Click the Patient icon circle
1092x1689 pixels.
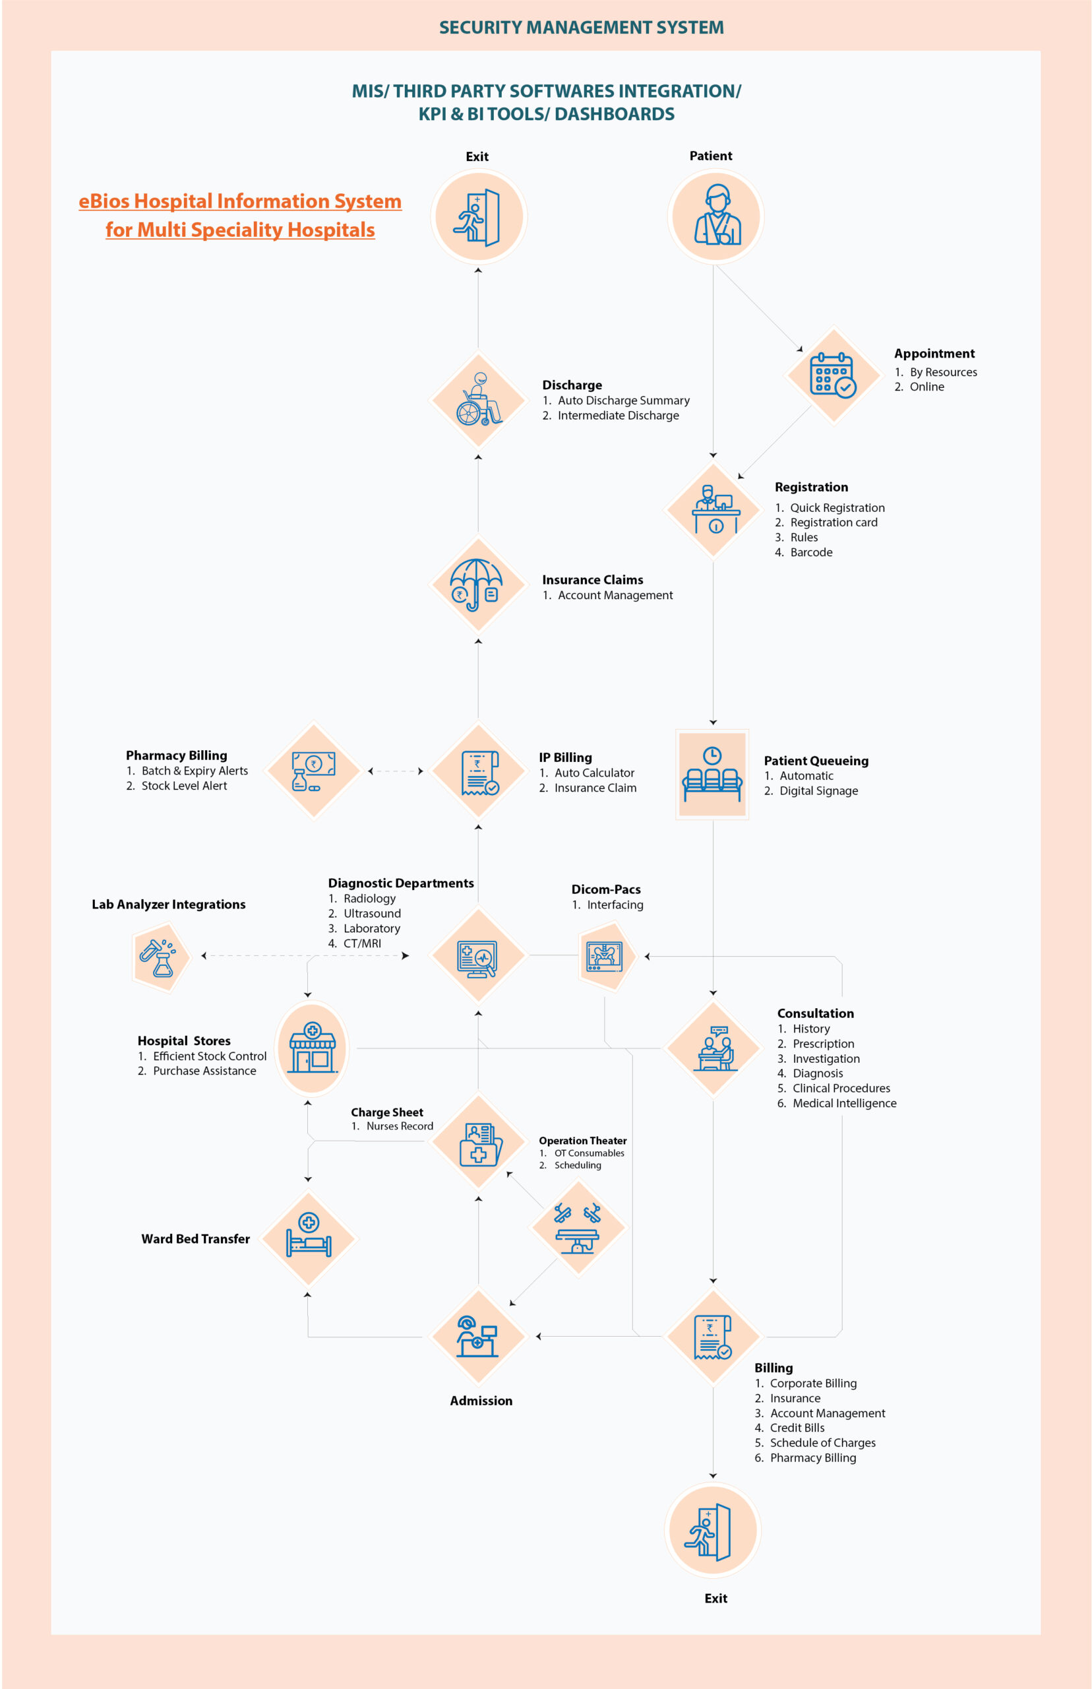715,217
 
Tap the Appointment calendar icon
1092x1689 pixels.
834,375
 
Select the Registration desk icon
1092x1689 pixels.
715,509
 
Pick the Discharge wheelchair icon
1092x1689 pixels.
479,399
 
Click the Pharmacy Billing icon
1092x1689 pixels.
313,771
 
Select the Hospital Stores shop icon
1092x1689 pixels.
312,1048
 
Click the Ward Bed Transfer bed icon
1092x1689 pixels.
309,1238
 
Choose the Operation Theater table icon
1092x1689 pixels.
578,1228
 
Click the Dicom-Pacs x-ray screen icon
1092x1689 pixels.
605,957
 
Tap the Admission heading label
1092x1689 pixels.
481,1400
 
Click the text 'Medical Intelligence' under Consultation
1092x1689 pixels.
845,1103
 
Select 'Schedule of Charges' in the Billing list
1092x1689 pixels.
822,1443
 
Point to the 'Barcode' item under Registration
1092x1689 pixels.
811,552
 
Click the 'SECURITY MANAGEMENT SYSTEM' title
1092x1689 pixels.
582,28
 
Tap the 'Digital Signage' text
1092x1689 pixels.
819,791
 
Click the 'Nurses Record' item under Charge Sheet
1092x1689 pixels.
400,1126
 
